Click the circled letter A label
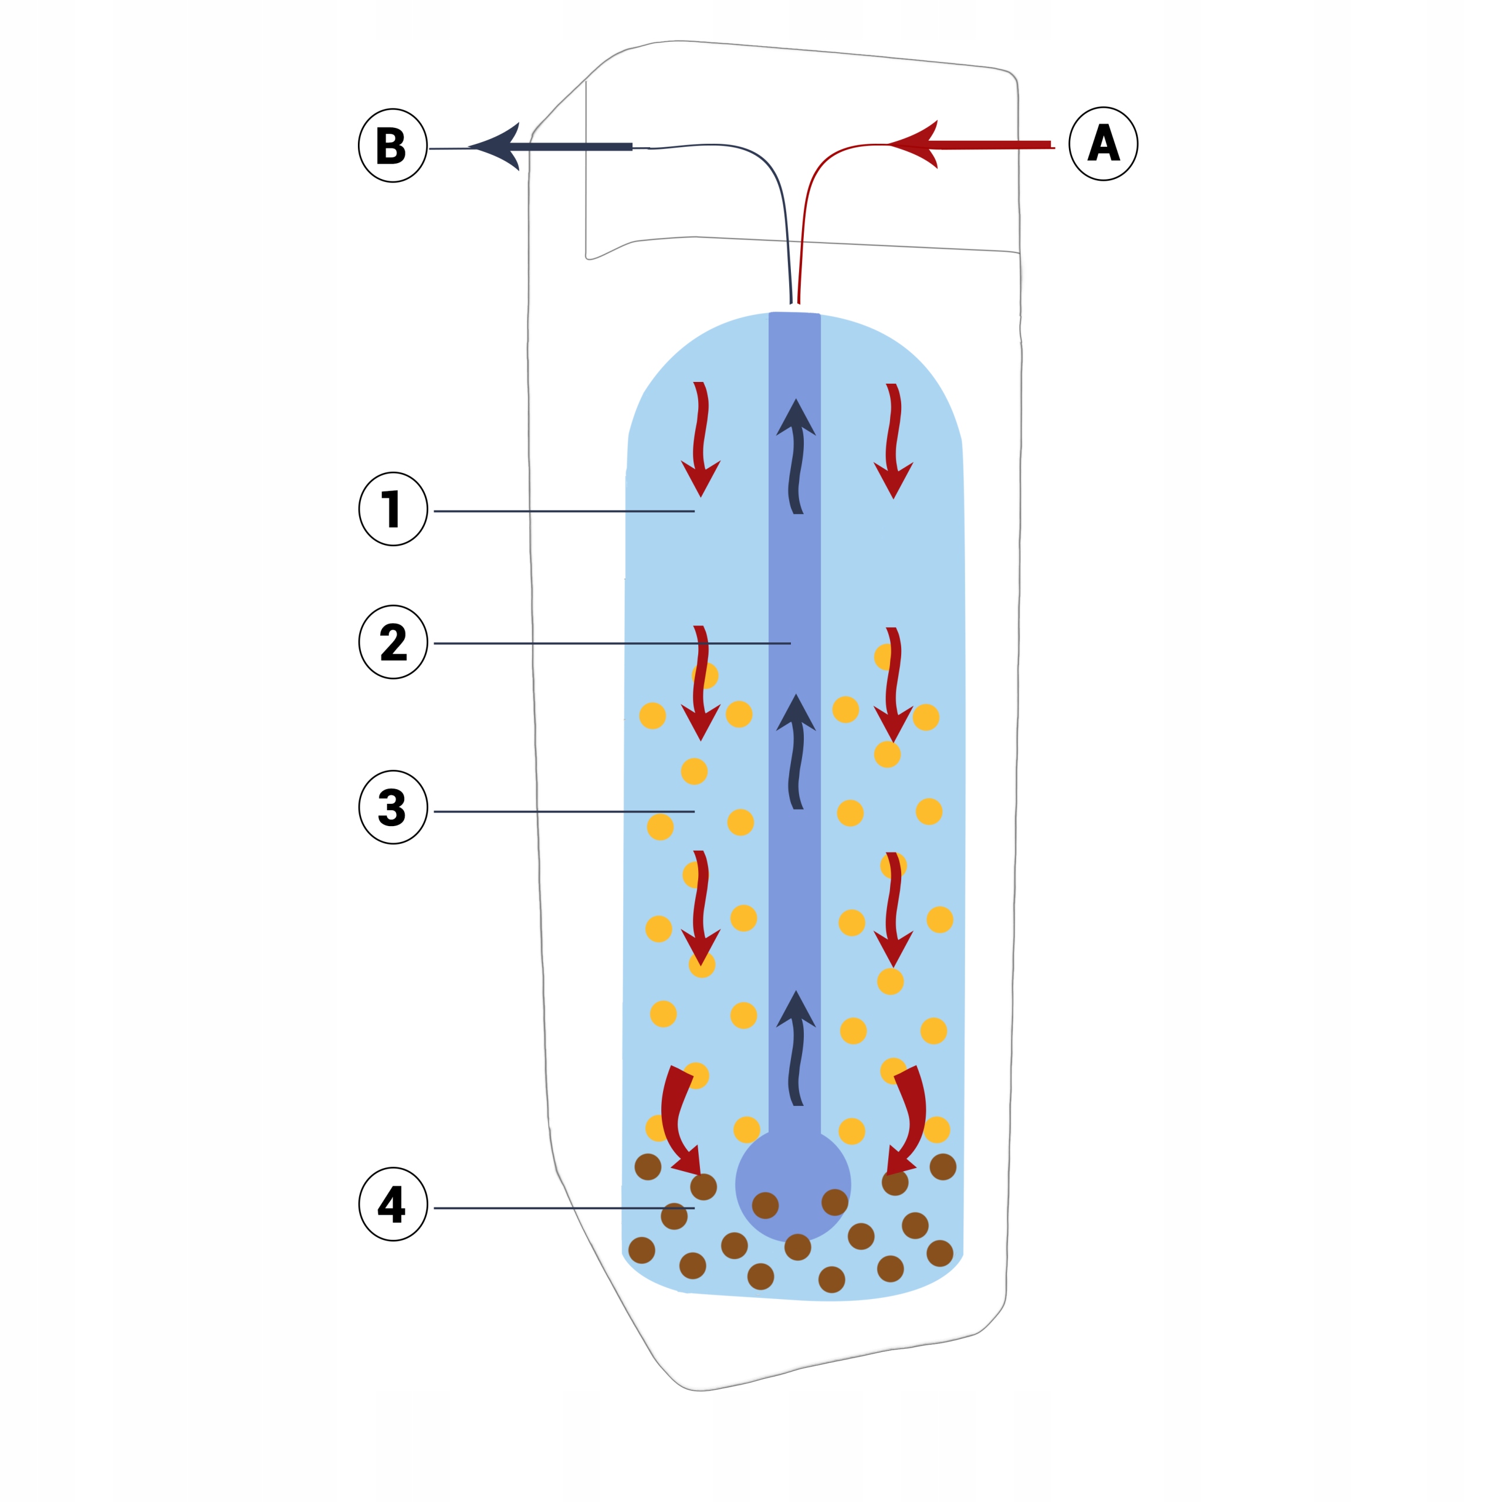[1103, 144]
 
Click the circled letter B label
[393, 146]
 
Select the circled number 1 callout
[393, 509]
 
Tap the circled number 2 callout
[393, 642]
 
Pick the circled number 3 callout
[393, 807]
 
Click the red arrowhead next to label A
[918, 144]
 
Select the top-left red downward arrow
[701, 439]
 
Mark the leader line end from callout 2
[789, 644]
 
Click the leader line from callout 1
[564, 511]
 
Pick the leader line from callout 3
[564, 811]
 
